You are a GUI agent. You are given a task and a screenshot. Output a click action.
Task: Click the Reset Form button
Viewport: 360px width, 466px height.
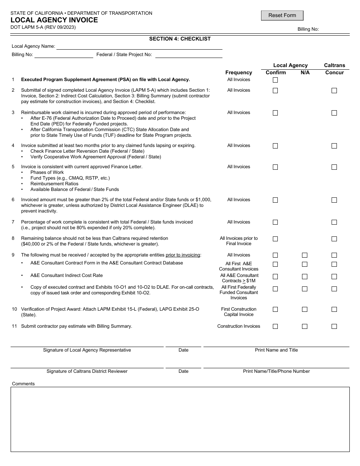coord(282,16)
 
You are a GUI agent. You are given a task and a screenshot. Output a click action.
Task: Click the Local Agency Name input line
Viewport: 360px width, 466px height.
coord(139,46)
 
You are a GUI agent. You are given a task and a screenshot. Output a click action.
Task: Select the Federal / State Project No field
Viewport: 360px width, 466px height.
coord(189,55)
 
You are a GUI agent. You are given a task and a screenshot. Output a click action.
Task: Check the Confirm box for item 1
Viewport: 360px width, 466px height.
coord(275,80)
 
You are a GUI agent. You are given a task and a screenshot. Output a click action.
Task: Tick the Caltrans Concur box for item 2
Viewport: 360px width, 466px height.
coord(334,91)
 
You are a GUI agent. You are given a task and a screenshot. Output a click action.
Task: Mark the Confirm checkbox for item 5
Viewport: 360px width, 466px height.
coord(275,167)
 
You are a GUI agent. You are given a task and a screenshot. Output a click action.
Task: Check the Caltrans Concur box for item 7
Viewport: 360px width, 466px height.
coord(334,222)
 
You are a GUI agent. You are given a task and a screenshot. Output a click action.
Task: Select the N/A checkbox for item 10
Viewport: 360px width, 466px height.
coord(304,310)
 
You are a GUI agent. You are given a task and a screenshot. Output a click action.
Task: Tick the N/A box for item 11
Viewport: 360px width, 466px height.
coord(304,326)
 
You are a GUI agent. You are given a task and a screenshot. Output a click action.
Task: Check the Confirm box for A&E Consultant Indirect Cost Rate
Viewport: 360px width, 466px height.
coord(275,277)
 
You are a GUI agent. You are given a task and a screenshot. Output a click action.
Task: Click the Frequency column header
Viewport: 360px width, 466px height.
coord(238,72)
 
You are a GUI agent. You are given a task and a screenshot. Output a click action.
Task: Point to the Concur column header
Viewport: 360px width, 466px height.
coord(334,72)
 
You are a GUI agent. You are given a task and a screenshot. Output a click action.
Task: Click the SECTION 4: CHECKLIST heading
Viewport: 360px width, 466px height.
coord(180,39)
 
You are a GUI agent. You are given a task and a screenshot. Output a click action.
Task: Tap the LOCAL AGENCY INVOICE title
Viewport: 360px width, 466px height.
coord(54,20)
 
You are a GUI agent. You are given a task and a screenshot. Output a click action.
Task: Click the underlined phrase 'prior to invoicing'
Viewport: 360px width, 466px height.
coord(183,255)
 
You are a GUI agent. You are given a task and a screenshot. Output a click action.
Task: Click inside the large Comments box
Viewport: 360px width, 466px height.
coord(180,419)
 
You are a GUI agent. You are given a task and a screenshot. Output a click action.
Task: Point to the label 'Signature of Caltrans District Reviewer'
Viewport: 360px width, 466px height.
coord(87,371)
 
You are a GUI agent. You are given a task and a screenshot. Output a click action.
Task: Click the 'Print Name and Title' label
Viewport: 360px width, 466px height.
coord(276,350)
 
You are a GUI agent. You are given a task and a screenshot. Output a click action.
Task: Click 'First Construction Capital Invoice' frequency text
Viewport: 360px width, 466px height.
coord(238,312)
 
